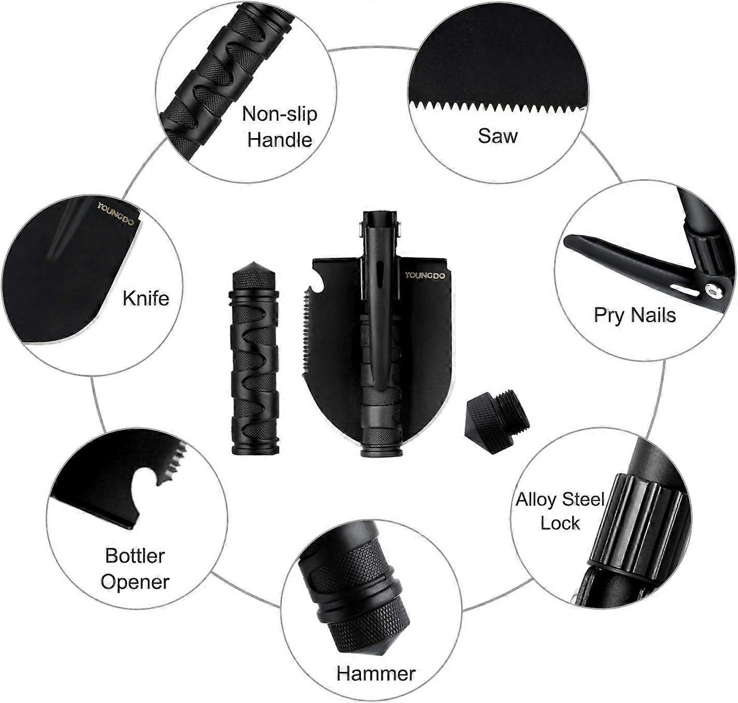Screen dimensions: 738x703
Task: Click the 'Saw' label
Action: pyautogui.click(x=497, y=135)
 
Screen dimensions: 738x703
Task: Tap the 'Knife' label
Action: pyautogui.click(x=146, y=298)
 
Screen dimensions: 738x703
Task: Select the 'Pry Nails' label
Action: pyautogui.click(x=635, y=314)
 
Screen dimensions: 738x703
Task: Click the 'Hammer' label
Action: pyautogui.click(x=376, y=673)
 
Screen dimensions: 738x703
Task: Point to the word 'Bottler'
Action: pyautogui.click(x=135, y=556)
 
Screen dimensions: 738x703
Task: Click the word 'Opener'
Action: pyautogui.click(x=135, y=582)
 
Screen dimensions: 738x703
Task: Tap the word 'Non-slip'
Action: pyautogui.click(x=280, y=114)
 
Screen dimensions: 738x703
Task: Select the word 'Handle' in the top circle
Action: pyautogui.click(x=280, y=140)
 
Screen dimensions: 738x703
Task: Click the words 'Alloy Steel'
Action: pyautogui.click(x=560, y=500)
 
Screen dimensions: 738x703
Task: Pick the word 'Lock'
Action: pyautogui.click(x=560, y=523)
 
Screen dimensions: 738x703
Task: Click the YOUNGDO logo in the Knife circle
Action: pyautogui.click(x=116, y=214)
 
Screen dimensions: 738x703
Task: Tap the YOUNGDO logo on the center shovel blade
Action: pyautogui.click(x=425, y=275)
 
